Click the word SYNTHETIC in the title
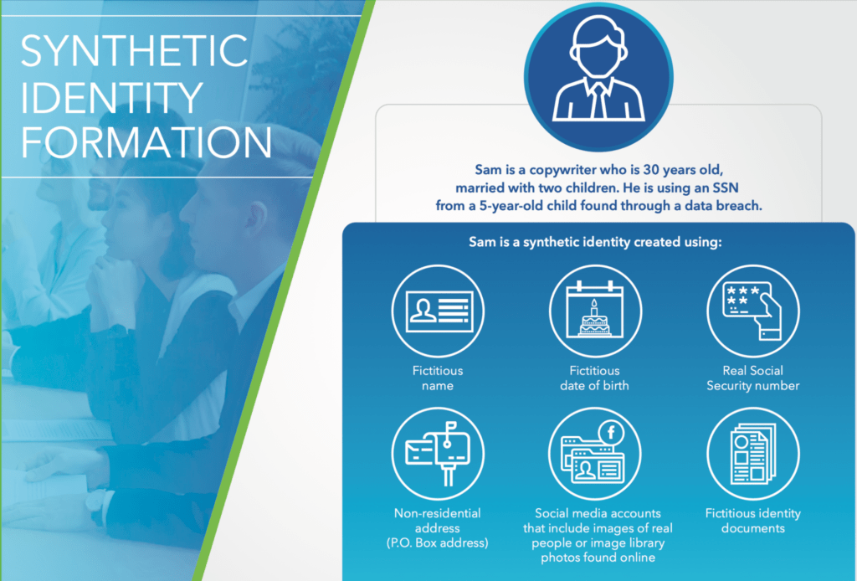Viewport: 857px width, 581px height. (x=135, y=50)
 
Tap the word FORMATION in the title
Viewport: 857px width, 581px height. (x=146, y=141)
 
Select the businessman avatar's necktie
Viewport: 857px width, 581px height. (x=599, y=100)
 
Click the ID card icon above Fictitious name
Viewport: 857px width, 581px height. (x=439, y=311)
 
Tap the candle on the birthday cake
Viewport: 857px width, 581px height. (x=594, y=307)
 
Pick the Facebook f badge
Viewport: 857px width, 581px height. (x=611, y=433)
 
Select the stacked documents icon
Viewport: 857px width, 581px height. (x=752, y=455)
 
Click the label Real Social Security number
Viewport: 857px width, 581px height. (x=752, y=378)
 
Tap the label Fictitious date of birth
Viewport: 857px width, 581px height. (x=594, y=378)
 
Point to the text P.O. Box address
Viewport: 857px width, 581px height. (x=437, y=542)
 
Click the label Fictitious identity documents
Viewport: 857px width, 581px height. (x=752, y=521)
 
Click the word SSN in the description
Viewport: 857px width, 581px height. (x=726, y=188)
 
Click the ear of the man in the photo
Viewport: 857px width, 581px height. (x=256, y=219)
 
